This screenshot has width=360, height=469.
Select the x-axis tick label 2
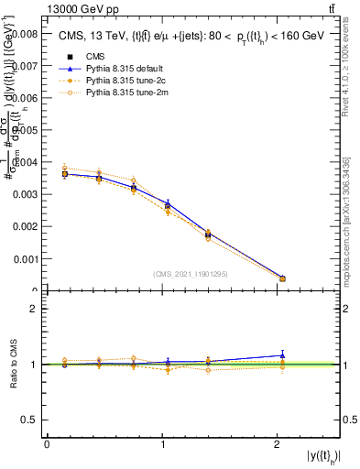pos(278,444)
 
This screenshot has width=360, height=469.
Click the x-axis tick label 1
pos(162,444)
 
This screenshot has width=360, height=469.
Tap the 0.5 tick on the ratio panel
pos(30,420)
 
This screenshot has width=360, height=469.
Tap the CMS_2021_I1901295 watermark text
pos(191,274)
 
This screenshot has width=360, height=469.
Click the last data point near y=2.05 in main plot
pos(282,278)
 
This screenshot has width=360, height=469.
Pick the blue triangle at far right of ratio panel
pos(282,354)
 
